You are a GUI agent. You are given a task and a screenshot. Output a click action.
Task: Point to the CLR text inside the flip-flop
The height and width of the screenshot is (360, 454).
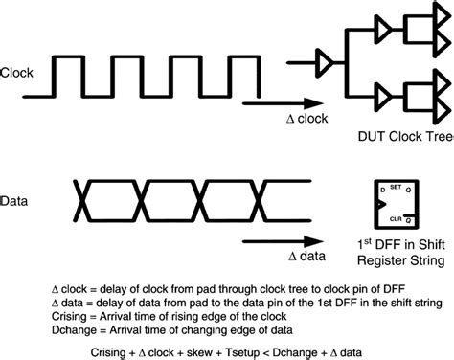pos(397,217)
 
